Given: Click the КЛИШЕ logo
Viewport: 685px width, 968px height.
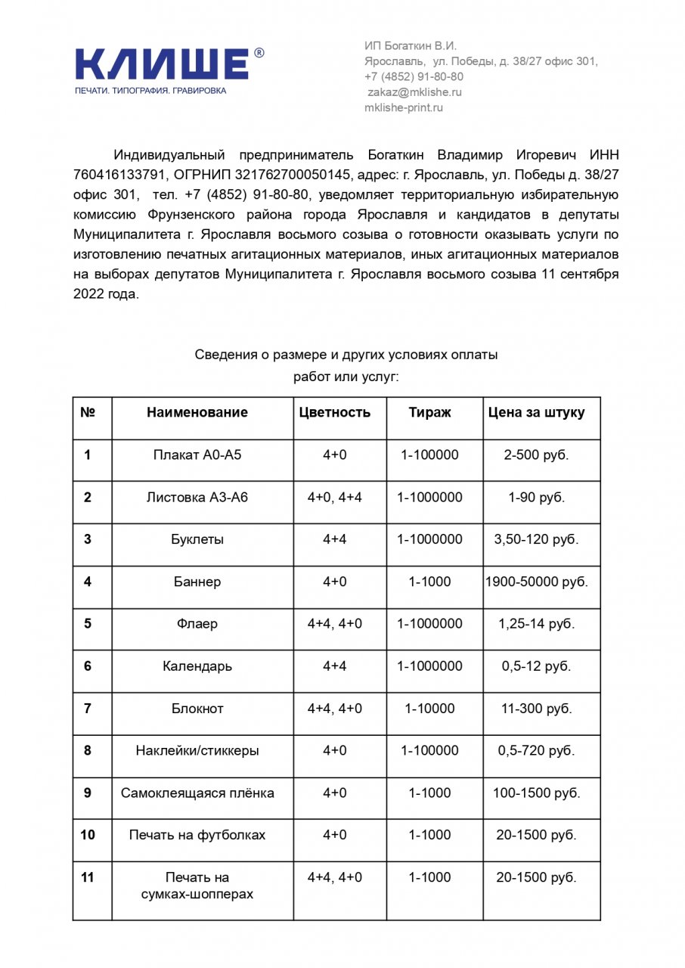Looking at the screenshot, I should point(163,64).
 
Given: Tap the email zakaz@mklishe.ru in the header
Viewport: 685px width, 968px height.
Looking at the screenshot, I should point(414,92).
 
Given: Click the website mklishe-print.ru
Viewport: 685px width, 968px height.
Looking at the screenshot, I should point(403,107).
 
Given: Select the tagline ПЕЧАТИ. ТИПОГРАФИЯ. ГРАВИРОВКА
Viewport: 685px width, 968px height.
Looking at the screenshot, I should point(150,91).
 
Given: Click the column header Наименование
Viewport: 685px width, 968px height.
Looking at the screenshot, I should point(197,413).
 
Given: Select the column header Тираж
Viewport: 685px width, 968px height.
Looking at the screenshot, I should point(429,413).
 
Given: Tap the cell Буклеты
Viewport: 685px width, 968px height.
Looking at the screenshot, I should point(197,540).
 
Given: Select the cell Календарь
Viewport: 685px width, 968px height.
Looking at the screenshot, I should point(197,666).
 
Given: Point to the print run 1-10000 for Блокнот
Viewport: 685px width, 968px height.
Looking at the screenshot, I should point(429,709).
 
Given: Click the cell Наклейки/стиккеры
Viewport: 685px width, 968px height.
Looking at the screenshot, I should point(197,751).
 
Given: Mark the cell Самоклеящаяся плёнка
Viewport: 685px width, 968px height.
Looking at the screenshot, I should point(197,793).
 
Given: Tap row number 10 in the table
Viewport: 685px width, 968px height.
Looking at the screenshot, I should point(88,835).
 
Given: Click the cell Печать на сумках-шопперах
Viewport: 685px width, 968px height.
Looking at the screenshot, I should point(197,886).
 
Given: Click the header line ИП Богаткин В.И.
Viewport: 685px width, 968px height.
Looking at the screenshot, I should point(411,46).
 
